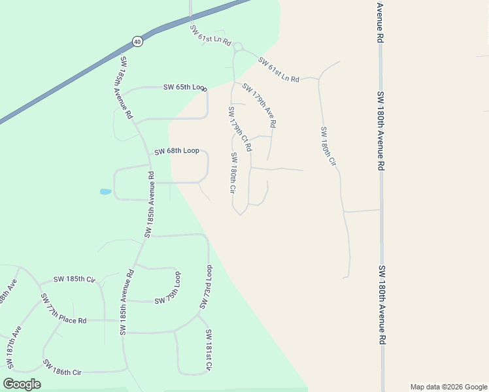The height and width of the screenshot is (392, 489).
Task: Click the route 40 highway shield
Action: [137, 41]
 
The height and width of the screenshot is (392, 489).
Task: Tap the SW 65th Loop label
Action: [185, 87]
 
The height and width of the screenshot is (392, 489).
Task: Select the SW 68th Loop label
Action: [177, 151]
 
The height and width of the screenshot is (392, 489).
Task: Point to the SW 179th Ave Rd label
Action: [259, 105]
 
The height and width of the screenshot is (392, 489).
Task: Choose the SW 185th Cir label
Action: [75, 280]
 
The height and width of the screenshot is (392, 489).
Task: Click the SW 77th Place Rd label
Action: [63, 309]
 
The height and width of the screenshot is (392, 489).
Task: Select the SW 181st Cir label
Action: [209, 351]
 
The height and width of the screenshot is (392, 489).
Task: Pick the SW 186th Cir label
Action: [62, 367]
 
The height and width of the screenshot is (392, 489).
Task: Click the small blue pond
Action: [105, 192]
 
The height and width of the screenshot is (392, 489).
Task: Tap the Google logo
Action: [22, 384]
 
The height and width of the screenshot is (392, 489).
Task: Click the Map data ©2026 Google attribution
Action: [448, 387]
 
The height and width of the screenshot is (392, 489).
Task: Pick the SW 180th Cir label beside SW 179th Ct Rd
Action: [233, 174]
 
